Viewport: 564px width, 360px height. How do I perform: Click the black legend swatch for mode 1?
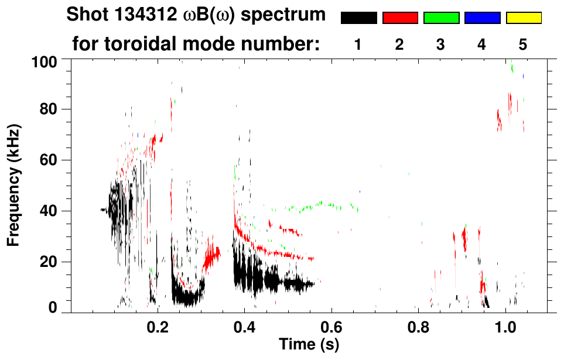(x=358, y=18)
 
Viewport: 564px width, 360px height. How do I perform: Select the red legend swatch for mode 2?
(x=400, y=18)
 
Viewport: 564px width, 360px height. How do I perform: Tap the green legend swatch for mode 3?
(x=441, y=18)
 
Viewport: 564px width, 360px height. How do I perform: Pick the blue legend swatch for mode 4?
(x=482, y=18)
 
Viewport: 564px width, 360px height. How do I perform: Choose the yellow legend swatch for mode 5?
(x=524, y=18)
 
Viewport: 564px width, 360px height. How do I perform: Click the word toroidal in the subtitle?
(x=154, y=44)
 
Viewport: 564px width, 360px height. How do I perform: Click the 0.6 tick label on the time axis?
(x=331, y=326)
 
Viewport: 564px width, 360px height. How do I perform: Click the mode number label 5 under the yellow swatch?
(x=523, y=44)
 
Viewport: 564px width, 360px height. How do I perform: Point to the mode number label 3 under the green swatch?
(x=440, y=44)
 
